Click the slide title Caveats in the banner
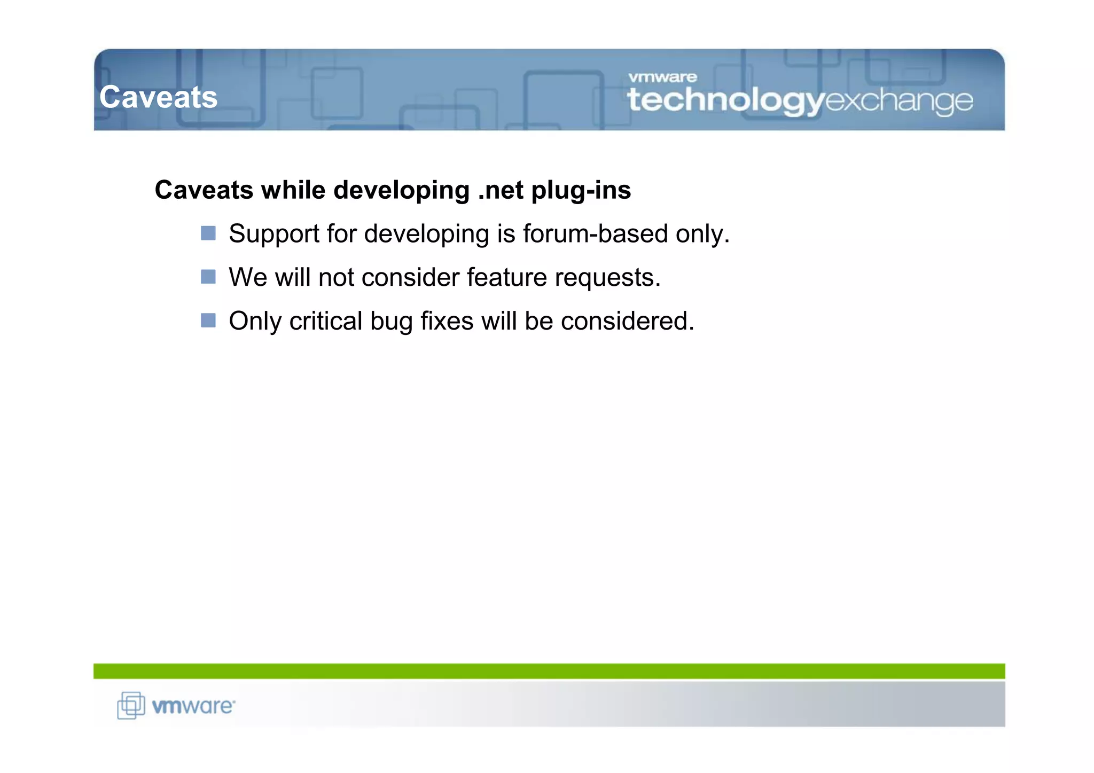point(158,97)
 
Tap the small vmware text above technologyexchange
point(662,77)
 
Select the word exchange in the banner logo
point(898,100)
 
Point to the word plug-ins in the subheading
point(581,191)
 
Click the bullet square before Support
point(208,233)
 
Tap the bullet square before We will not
point(208,277)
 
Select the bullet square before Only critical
point(208,320)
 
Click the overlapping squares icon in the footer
point(131,705)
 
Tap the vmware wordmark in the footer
point(193,706)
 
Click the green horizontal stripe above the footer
point(549,671)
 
